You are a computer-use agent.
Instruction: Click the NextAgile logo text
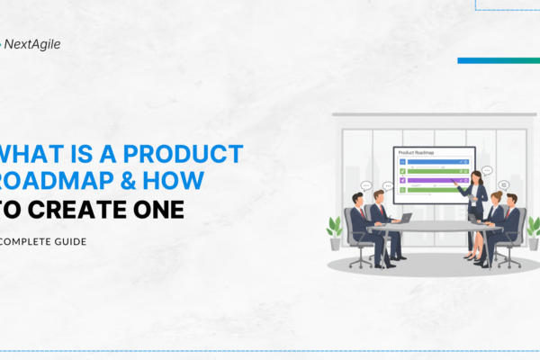pos(35,43)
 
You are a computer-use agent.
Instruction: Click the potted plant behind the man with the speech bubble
pos(533,229)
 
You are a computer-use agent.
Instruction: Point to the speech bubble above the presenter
pos(487,169)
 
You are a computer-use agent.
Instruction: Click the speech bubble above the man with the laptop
pos(389,184)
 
